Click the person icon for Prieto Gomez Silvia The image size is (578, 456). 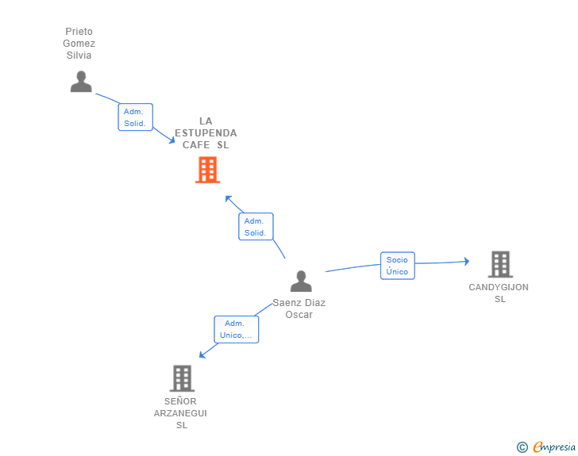click(x=81, y=82)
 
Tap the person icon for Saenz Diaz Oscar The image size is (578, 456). click(x=301, y=282)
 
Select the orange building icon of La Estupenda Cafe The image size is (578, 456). click(x=207, y=170)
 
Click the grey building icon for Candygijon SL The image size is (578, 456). click(x=500, y=264)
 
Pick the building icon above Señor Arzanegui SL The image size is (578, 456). click(x=182, y=378)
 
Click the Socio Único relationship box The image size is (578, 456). click(x=397, y=266)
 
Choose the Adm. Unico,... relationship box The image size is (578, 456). click(x=236, y=329)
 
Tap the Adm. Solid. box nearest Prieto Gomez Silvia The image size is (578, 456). click(x=135, y=117)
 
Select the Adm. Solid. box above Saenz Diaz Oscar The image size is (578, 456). click(x=256, y=227)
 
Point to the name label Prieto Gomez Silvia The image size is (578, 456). click(x=79, y=44)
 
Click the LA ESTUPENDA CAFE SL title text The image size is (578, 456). click(x=206, y=133)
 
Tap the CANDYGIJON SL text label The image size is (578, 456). click(x=499, y=293)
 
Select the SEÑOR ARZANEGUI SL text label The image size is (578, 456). click(x=180, y=413)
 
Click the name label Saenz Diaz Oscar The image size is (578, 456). click(x=299, y=308)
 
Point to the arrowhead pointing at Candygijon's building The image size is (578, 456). click(x=466, y=261)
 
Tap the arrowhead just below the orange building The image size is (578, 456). click(x=228, y=198)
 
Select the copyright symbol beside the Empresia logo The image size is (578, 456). click(x=522, y=447)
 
